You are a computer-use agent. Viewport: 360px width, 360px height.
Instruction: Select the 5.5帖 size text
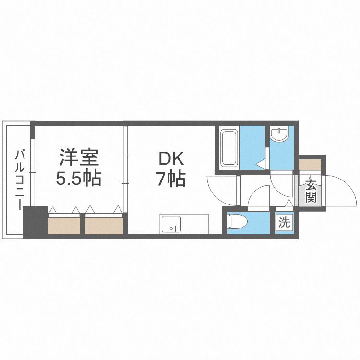click(x=79, y=179)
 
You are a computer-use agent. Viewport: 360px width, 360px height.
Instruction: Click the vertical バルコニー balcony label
click(x=20, y=180)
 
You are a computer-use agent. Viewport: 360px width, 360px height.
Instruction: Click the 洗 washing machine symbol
click(x=285, y=222)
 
